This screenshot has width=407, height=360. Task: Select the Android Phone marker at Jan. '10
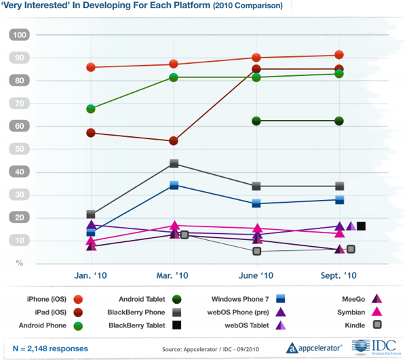(x=90, y=108)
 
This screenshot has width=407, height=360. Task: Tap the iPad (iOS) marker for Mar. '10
(x=174, y=141)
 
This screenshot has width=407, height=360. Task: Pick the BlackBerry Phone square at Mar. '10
(x=174, y=163)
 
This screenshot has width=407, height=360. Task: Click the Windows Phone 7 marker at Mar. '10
(x=174, y=185)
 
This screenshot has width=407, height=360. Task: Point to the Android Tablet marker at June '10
(x=256, y=121)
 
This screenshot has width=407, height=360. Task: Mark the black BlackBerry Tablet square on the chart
(x=362, y=226)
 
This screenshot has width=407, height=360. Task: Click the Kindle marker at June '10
(x=257, y=251)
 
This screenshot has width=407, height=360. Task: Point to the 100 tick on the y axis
(x=20, y=35)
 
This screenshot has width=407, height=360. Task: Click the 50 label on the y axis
(x=20, y=149)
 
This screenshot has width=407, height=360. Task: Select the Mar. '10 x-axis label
(x=174, y=276)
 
